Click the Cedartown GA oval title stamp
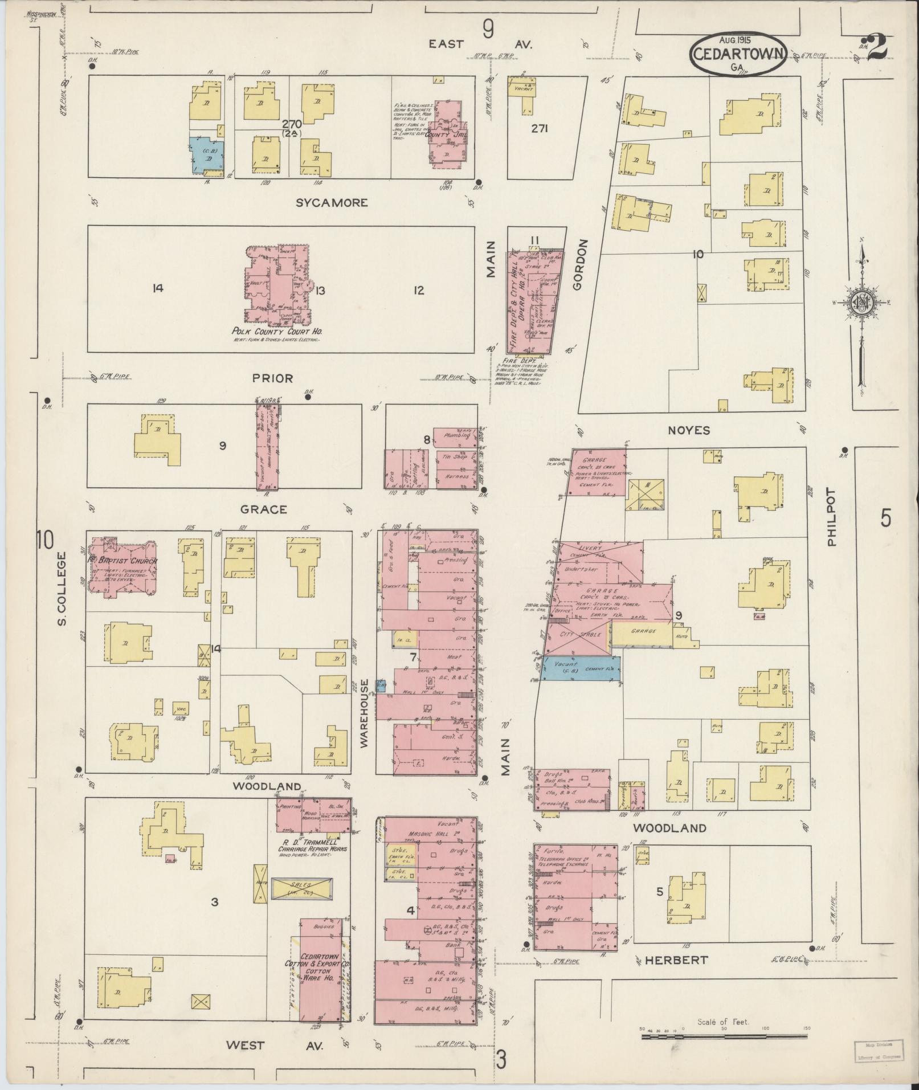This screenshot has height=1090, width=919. (738, 54)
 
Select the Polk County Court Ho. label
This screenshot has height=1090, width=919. (275, 330)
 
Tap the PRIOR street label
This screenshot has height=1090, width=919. (272, 378)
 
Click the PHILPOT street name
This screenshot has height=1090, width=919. (832, 518)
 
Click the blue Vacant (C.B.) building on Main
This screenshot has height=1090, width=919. (581, 667)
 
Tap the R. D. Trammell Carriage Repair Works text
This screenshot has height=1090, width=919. (312, 846)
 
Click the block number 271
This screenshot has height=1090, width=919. (539, 129)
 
